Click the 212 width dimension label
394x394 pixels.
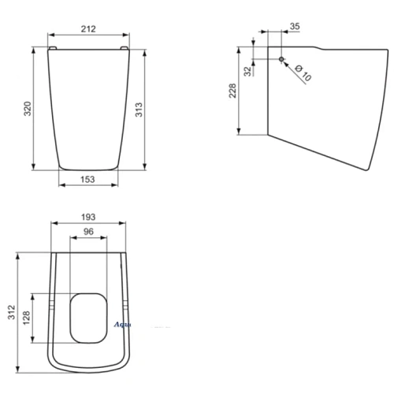88,29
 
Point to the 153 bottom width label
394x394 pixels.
87,180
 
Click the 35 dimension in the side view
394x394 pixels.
294,26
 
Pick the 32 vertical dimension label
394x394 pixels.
247,70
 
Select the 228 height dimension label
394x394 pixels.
232,91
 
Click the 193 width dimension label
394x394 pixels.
87,216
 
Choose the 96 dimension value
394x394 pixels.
87,232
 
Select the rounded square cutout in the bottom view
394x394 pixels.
87,317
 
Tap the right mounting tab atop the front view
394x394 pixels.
124,48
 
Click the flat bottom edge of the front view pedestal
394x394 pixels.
87,168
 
